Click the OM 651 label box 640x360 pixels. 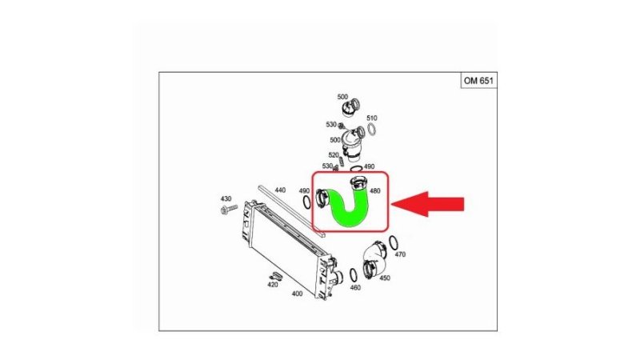(478, 81)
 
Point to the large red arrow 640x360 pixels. (428, 204)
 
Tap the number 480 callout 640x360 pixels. (374, 190)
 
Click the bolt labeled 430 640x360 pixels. (229, 210)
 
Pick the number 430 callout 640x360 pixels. (226, 198)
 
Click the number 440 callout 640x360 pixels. (280, 190)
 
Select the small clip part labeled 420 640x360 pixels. (276, 275)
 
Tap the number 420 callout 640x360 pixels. (272, 285)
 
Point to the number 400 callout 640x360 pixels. (297, 294)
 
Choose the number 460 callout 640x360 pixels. (355, 288)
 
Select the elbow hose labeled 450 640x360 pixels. (374, 259)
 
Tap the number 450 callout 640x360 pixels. (385, 278)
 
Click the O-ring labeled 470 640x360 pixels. (393, 242)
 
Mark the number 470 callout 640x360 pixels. (400, 254)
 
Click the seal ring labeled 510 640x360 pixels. (371, 130)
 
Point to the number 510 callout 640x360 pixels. (371, 118)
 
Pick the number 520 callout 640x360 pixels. (334, 155)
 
